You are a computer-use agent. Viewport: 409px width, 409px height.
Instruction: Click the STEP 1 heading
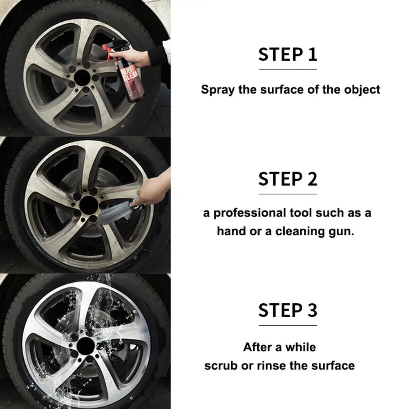point(288,54)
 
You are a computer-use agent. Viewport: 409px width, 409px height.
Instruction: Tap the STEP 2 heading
point(288,179)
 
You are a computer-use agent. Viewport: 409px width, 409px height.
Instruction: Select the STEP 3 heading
point(288,310)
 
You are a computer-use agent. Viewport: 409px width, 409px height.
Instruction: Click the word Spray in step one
point(218,90)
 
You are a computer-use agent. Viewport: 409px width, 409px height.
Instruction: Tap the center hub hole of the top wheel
point(82,78)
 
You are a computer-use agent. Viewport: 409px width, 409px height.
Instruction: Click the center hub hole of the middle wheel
point(89,205)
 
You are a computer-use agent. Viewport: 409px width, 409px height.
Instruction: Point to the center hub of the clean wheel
point(86,346)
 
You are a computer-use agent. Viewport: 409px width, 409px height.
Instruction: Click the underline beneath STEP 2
point(288,194)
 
